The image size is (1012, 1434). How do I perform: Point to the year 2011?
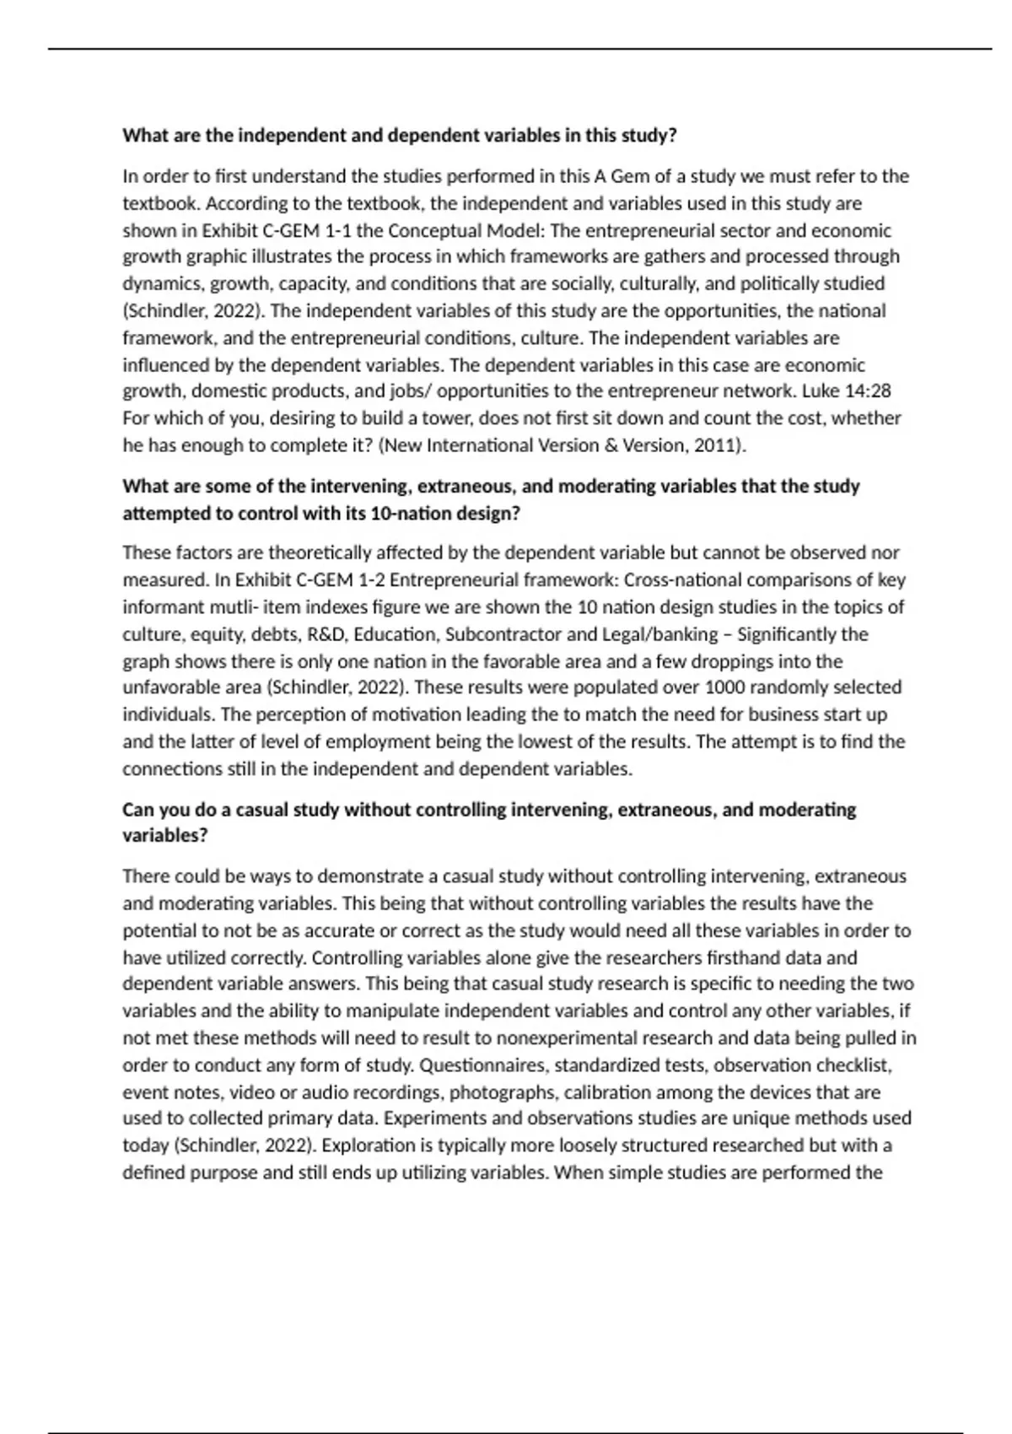pos(718,445)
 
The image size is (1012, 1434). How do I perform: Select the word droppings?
pos(745,661)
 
